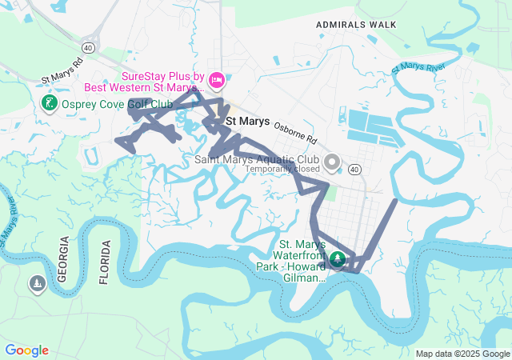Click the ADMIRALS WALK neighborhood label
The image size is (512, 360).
356,25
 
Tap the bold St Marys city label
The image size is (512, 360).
248,122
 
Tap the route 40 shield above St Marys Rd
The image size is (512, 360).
87,48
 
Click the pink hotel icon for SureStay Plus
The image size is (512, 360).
218,81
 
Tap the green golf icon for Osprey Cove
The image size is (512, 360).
48,103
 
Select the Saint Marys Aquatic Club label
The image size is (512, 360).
257,159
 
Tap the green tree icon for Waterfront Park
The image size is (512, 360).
338,258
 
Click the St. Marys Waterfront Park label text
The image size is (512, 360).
291,260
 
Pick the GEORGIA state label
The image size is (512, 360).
63,260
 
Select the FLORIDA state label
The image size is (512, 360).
103,262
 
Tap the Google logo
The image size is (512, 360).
27,350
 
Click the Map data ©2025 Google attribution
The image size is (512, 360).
462,354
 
